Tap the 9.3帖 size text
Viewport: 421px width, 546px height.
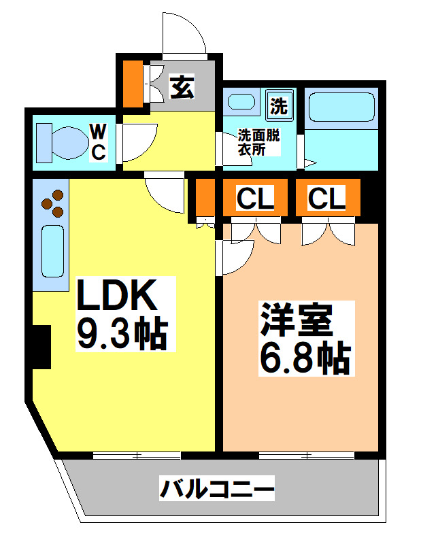[122, 333]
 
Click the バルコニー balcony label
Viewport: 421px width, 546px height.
[217, 489]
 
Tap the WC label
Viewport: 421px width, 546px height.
[99, 141]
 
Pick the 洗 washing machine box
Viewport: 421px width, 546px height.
[279, 105]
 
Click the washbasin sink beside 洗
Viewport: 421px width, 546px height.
[241, 103]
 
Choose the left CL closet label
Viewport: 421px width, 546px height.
[255, 199]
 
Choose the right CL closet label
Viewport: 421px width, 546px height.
[326, 199]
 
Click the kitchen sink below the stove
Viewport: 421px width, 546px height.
[52, 250]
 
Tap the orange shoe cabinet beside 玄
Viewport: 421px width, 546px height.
[133, 81]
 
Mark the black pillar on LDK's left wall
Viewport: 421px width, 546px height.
[41, 347]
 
